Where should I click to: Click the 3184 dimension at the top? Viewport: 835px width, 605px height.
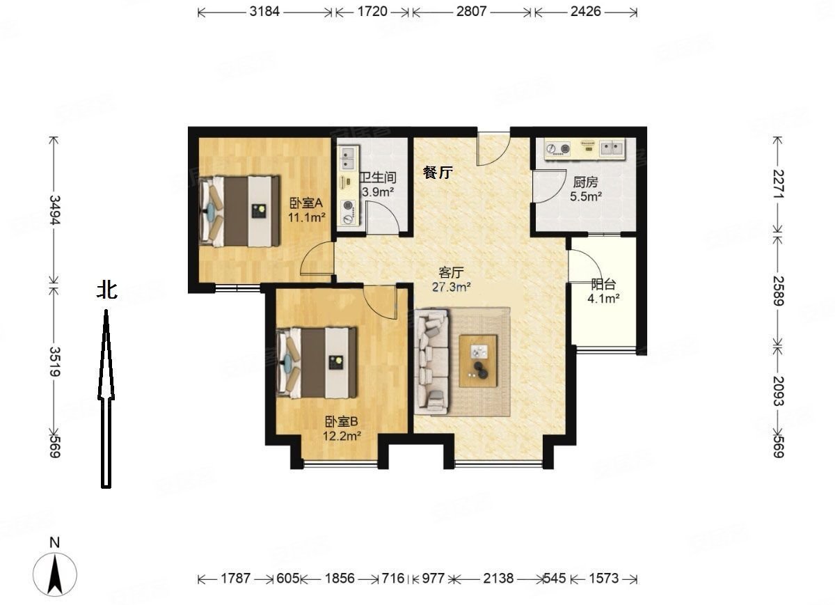(264, 12)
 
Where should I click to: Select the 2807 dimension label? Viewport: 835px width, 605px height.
(471, 12)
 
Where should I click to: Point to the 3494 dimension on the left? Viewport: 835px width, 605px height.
(55, 210)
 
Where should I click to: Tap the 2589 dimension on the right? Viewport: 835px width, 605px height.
(778, 291)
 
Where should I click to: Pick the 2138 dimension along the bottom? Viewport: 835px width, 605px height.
(498, 579)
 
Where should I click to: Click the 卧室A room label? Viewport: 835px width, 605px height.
(306, 203)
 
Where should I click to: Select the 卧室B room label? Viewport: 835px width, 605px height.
(342, 422)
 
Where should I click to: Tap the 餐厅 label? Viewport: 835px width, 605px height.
(438, 173)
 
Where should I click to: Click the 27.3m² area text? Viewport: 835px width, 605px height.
(451, 287)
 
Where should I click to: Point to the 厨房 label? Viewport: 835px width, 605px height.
(585, 182)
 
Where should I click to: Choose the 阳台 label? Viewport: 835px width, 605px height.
(603, 285)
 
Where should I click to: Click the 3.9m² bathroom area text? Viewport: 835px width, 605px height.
(378, 192)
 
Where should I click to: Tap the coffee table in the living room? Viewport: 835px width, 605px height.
(478, 361)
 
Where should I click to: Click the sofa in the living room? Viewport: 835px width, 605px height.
(432, 361)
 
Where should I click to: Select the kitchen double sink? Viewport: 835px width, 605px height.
(612, 148)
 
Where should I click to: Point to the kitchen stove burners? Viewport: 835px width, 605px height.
(557, 148)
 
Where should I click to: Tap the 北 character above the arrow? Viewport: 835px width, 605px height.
(107, 290)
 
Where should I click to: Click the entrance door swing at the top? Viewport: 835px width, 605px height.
(493, 149)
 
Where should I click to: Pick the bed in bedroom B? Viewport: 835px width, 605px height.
(317, 363)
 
